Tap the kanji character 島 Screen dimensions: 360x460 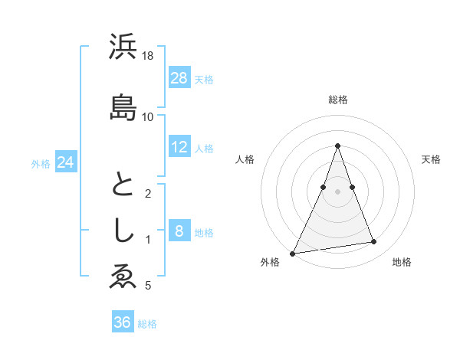123,108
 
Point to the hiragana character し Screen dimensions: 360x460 123,231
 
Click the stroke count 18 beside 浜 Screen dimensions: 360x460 149,56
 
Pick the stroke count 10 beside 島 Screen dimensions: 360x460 149,116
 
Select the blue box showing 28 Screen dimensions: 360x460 179,78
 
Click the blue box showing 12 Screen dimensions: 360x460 179,147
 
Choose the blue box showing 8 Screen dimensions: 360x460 179,231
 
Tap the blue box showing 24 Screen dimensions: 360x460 66,162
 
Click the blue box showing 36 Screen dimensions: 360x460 123,322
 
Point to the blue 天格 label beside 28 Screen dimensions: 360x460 205,79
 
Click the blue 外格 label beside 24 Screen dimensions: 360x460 41,163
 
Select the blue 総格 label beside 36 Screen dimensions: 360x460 148,323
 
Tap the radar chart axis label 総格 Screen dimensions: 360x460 337,100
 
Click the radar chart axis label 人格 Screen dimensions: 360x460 245,159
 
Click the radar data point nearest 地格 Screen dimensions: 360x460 374,242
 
